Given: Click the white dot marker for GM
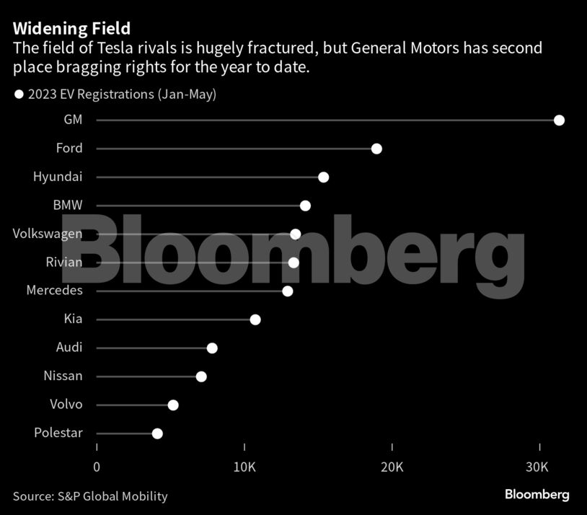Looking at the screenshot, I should point(559,120).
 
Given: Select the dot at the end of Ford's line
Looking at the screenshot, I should point(376,149).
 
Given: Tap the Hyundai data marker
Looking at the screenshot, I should point(323,177).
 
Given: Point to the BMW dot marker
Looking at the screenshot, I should point(305,206).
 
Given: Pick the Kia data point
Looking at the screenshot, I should point(255,320).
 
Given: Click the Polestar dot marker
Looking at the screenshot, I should point(157,433).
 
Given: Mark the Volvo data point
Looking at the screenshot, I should point(173,405).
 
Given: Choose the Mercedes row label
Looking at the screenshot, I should point(54,291).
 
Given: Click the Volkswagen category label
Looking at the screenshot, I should point(48,234).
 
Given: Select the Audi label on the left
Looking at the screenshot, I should point(69,348).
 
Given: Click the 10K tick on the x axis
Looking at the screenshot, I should point(244,467).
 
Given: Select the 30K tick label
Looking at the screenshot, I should point(539,467).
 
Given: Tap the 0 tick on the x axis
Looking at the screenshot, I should point(97,467).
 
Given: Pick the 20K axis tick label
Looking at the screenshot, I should point(392,467).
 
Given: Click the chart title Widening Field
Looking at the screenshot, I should point(71,29).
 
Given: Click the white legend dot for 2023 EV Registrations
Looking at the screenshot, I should point(19,94).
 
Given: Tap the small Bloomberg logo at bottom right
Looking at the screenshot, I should point(537,495).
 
